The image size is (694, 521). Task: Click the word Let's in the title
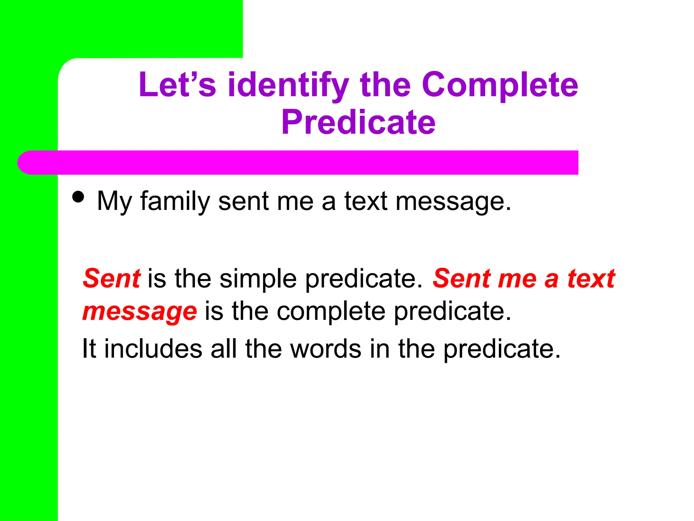tap(177, 84)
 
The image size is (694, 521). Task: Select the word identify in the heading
tap(288, 85)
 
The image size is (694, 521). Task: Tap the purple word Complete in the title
tap(500, 85)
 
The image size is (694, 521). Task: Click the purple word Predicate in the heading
tap(358, 122)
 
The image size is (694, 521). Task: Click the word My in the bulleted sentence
tap(114, 201)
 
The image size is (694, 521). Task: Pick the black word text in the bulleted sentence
tap(366, 201)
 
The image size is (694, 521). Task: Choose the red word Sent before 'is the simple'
tap(111, 278)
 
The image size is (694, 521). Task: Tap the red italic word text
tap(591, 278)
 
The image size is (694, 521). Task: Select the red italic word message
tap(140, 312)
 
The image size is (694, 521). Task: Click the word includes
tap(153, 349)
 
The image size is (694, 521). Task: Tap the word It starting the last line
tap(89, 349)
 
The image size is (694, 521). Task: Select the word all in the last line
tap(223, 349)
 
